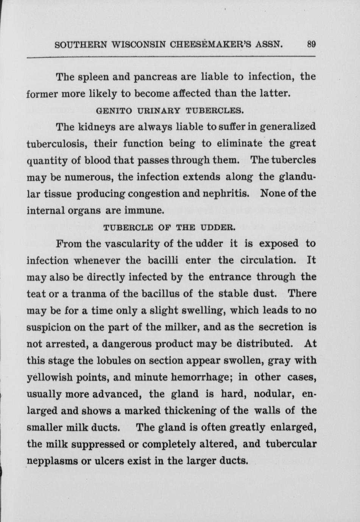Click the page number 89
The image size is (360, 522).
coord(311,44)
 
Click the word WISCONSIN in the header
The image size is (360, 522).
coord(139,44)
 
